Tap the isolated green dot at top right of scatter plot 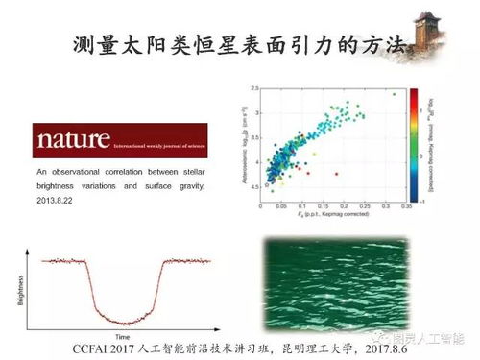pyautogui.click(x=394, y=94)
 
